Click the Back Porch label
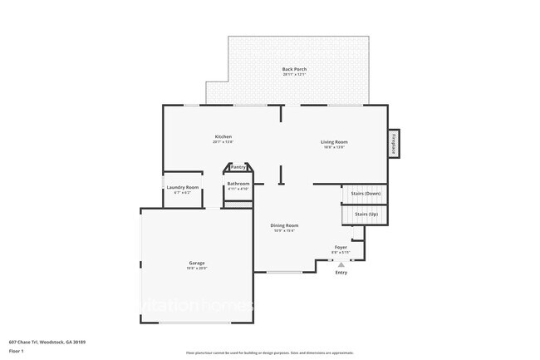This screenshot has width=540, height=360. (x=294, y=69)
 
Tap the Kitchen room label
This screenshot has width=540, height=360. (x=223, y=136)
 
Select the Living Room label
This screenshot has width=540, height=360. (x=335, y=142)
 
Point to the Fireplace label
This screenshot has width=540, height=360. (x=393, y=144)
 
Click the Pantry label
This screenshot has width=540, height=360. (x=238, y=166)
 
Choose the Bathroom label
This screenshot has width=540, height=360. (x=238, y=183)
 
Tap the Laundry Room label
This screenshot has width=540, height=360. (x=183, y=187)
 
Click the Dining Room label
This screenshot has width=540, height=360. (x=285, y=225)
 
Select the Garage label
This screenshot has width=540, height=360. (x=196, y=263)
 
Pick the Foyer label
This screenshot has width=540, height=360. (x=341, y=247)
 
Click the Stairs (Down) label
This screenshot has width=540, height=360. (x=366, y=194)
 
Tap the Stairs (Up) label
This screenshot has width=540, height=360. (x=366, y=215)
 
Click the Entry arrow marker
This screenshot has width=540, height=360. (x=341, y=264)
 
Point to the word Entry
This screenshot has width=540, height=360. (x=341, y=273)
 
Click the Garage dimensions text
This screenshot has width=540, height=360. (x=196, y=269)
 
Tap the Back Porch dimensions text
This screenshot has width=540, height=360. (x=294, y=75)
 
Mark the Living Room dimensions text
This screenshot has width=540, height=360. (x=335, y=148)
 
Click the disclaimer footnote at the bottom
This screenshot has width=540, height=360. (x=269, y=353)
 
